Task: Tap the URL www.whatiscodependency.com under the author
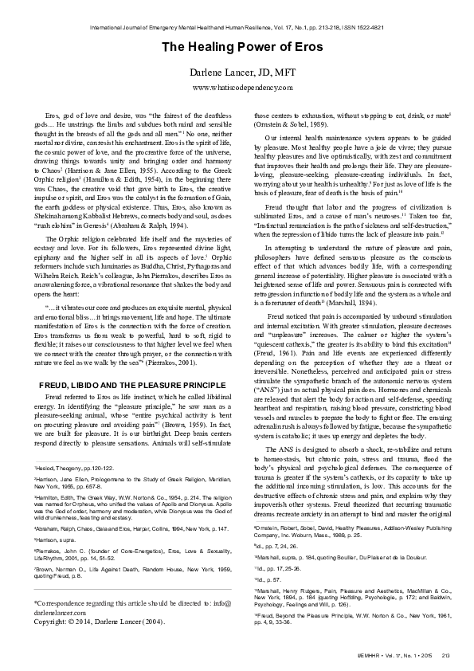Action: [237, 87]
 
